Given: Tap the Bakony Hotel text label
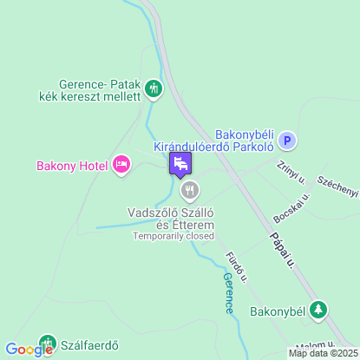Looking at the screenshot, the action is [73, 165].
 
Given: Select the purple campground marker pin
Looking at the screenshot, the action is [180, 163].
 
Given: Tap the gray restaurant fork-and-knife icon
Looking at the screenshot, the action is [189, 190].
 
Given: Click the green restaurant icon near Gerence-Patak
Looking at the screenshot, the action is [154, 87].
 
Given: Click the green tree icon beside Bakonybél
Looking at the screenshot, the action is [320, 309].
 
